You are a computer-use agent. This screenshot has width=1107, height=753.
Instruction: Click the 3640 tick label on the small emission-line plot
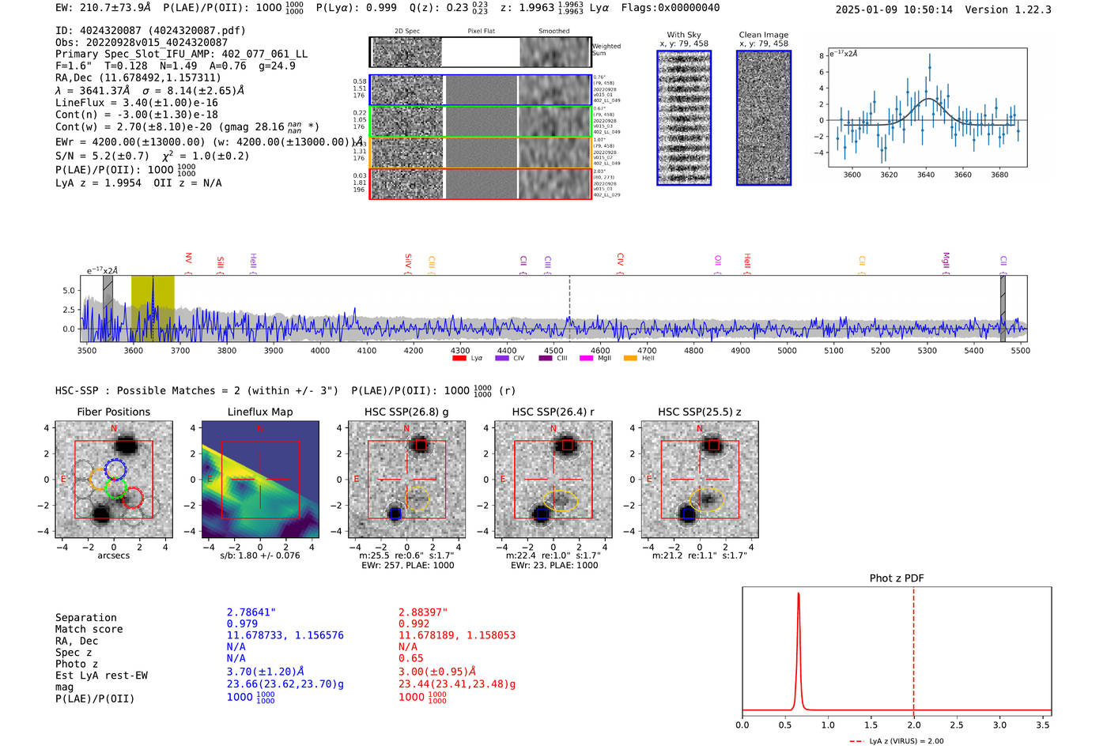pos(926,175)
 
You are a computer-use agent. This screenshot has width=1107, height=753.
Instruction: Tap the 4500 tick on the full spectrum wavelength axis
pos(553,350)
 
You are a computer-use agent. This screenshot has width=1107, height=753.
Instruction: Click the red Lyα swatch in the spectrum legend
pos(459,359)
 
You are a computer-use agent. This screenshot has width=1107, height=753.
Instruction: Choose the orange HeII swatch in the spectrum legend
pos(630,359)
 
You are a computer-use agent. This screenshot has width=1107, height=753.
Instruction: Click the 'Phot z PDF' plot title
pos(897,578)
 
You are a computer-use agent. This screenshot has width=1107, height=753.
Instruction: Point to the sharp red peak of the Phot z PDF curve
pos(799,594)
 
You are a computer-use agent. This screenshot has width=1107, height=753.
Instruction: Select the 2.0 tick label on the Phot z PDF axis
pos(913,725)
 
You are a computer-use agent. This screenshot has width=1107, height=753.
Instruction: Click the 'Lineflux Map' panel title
pos(259,412)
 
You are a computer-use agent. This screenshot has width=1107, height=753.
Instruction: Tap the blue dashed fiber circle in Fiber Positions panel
pos(115,469)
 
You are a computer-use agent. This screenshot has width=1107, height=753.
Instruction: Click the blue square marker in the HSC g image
pos(395,514)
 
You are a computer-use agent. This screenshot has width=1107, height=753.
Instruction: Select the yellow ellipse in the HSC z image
pos(707,499)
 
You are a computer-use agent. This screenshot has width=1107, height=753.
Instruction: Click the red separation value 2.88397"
pos(423,612)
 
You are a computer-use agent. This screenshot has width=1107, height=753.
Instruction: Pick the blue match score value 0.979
pos(242,623)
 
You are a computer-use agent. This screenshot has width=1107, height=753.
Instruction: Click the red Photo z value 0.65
pos(410,658)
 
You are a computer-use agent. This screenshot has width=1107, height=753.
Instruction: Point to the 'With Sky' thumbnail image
pos(684,118)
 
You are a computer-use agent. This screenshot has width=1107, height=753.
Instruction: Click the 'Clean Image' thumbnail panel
pos(764,118)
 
